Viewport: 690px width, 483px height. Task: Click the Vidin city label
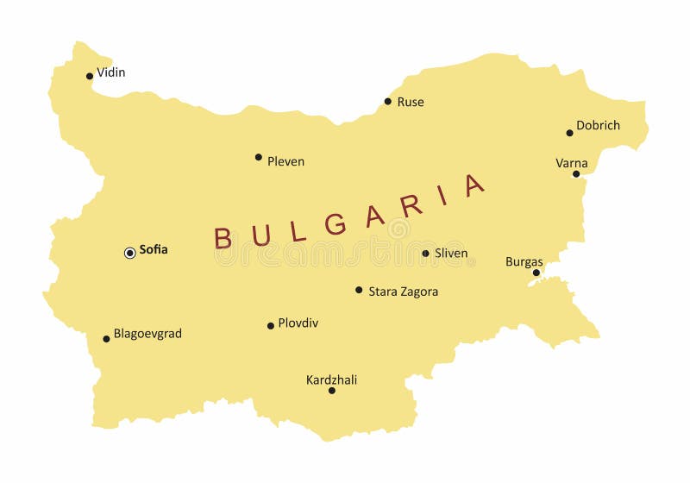point(110,72)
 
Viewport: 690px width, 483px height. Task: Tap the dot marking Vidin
point(90,76)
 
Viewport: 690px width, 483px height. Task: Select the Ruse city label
point(411,102)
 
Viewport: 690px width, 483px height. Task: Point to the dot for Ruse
point(388,101)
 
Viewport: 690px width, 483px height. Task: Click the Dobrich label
point(598,125)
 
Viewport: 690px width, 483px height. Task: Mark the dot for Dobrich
point(569,133)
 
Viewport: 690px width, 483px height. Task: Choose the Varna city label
point(571,163)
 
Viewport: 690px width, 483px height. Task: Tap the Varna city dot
point(576,173)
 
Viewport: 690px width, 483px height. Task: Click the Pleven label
point(285,161)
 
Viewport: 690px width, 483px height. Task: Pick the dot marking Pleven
point(259,157)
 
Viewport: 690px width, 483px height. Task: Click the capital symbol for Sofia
point(130,253)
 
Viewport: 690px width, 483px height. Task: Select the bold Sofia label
point(154,250)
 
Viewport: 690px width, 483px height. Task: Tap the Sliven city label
point(451,254)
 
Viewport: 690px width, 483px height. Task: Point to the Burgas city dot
point(536,273)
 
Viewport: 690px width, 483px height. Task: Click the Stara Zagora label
point(403,292)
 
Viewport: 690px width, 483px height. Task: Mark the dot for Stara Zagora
point(359,290)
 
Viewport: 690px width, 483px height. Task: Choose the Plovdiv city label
point(298,323)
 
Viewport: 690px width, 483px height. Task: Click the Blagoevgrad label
point(147,334)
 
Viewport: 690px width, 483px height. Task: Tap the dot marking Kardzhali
point(331,391)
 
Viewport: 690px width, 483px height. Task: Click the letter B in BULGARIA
point(223,238)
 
